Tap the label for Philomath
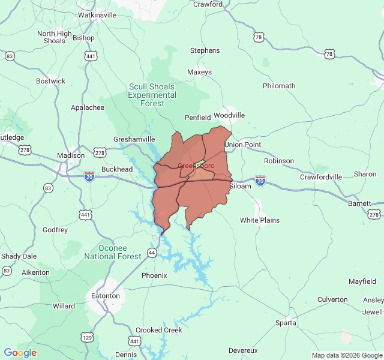pyautogui.click(x=279, y=86)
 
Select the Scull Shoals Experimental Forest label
pyautogui.click(x=152, y=95)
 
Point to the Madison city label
pyautogui.click(x=71, y=155)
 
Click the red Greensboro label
pyautogui.click(x=196, y=166)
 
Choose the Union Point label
pyautogui.click(x=242, y=145)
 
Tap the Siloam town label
pyautogui.click(x=241, y=186)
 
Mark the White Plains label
pyautogui.click(x=260, y=220)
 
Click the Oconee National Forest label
pyautogui.click(x=113, y=252)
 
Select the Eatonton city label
pyautogui.click(x=105, y=296)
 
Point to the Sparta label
pyautogui.click(x=286, y=323)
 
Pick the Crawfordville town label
pyautogui.click(x=321, y=177)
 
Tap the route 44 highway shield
pyautogui.click(x=152, y=253)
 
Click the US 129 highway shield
pyautogui.click(x=88, y=338)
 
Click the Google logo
pyautogui.click(x=20, y=353)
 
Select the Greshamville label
pyautogui.click(x=134, y=139)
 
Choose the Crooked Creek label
pyautogui.click(x=158, y=330)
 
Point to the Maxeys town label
pyautogui.click(x=199, y=72)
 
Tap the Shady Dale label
pyautogui.click(x=19, y=256)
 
